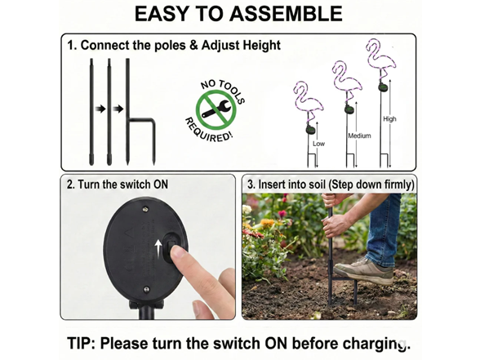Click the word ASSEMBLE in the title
(x=286, y=13)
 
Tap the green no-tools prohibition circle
(x=216, y=109)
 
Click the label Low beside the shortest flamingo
(x=318, y=144)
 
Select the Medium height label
(x=359, y=136)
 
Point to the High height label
(x=389, y=119)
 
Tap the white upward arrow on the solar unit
(x=158, y=247)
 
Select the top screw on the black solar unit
(x=145, y=209)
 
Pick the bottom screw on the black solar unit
(x=147, y=289)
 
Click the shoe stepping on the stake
(x=364, y=271)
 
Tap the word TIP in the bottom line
(x=81, y=343)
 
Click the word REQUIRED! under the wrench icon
(x=208, y=130)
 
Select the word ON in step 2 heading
(x=161, y=184)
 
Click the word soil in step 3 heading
(x=318, y=184)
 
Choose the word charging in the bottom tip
(x=376, y=344)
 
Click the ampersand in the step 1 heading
(x=194, y=46)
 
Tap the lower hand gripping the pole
(x=336, y=225)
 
